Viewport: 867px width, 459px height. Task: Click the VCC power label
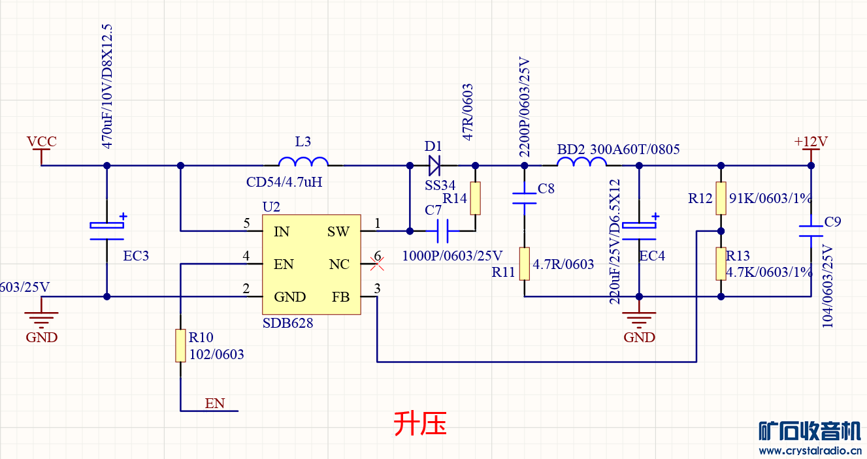[x=41, y=142]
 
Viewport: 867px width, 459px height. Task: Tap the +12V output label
[x=810, y=142]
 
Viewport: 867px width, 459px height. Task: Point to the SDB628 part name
[x=287, y=323]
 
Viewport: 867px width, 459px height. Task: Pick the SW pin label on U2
[x=338, y=232]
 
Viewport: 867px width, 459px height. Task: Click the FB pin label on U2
[x=340, y=297]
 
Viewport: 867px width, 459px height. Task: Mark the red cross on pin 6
[x=376, y=264]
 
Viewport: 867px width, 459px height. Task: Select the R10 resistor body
[x=180, y=345]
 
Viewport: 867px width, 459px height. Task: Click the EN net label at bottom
[x=214, y=404]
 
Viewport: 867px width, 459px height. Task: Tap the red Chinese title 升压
[x=420, y=424]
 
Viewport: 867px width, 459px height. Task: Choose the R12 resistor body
[x=721, y=198]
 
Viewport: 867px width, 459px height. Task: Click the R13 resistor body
[x=721, y=264]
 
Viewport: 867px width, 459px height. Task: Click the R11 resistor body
[x=524, y=264]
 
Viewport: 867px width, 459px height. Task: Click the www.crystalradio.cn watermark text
[x=810, y=451]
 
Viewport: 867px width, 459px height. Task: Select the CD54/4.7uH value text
[x=284, y=182]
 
